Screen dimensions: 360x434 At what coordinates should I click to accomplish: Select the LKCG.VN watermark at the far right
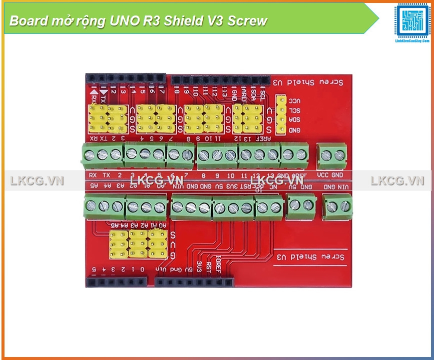coord(397,181)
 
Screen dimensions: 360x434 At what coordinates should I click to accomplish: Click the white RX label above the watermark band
coord(93,175)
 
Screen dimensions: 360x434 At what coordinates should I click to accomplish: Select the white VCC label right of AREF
coord(323,175)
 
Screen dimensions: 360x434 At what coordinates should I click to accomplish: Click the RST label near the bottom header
coord(209,265)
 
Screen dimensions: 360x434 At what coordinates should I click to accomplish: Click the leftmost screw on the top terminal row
coord(90,154)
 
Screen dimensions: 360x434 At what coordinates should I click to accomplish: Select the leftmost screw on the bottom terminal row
coord(92,205)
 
